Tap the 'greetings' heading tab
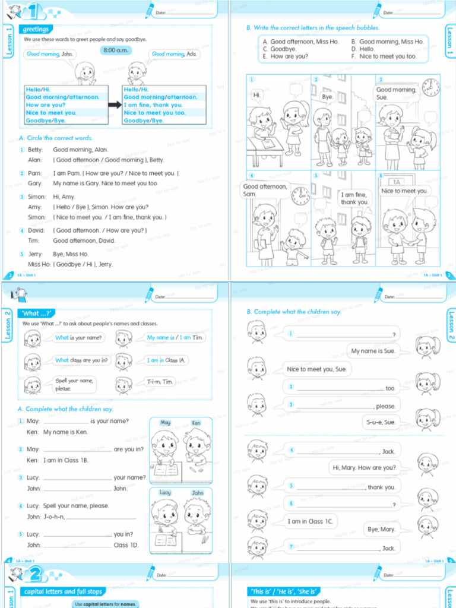[35, 29]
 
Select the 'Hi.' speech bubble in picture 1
[257, 94]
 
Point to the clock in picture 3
[430, 87]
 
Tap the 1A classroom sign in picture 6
[395, 182]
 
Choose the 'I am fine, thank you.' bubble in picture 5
[354, 198]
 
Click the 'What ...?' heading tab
[38, 313]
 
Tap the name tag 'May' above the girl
[166, 423]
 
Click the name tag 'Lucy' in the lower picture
[165, 493]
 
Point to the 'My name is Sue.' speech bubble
[373, 351]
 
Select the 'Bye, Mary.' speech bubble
[381, 529]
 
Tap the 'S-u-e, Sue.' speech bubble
[381, 422]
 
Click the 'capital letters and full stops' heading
[63, 591]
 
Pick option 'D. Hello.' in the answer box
[366, 49]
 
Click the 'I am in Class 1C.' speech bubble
[311, 521]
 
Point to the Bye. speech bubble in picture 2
[328, 96]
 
